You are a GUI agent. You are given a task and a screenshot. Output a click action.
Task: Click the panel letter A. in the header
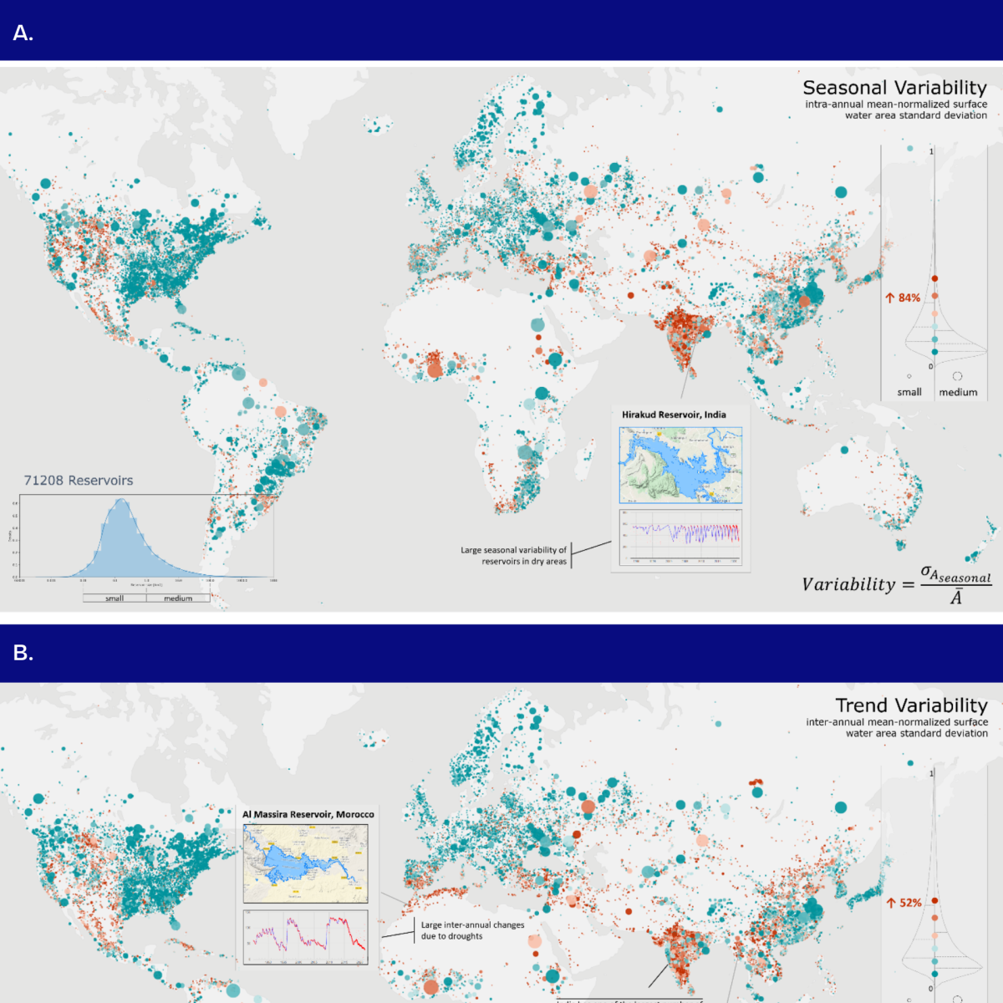[23, 33]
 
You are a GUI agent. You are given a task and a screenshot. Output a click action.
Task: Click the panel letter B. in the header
[23, 653]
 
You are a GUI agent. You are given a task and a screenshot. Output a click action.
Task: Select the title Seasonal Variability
[894, 88]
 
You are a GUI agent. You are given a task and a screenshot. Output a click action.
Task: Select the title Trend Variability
[911, 705]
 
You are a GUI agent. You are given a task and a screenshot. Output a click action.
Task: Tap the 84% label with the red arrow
[904, 298]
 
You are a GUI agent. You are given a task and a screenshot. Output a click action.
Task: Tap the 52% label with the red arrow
[904, 903]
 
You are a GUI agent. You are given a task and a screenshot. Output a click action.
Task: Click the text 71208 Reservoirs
[79, 481]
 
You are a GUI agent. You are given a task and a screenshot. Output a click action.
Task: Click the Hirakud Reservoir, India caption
[674, 415]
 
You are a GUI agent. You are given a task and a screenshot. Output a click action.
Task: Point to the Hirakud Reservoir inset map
[680, 465]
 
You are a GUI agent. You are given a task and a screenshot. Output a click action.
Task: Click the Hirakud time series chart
[680, 537]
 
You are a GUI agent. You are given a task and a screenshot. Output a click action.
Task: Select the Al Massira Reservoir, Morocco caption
[308, 814]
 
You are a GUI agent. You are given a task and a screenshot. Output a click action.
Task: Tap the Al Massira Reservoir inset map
[305, 863]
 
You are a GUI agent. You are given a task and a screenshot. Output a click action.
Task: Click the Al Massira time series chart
[305, 937]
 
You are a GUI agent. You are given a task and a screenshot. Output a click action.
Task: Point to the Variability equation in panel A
[896, 584]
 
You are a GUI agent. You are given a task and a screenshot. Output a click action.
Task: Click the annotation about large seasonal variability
[513, 556]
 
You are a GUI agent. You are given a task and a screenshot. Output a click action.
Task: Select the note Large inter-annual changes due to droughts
[472, 930]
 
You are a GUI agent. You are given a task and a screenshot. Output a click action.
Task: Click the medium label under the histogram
[178, 598]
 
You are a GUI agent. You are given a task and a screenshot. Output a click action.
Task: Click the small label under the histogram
[115, 598]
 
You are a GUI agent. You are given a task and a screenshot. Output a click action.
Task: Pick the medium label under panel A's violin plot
[958, 392]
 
